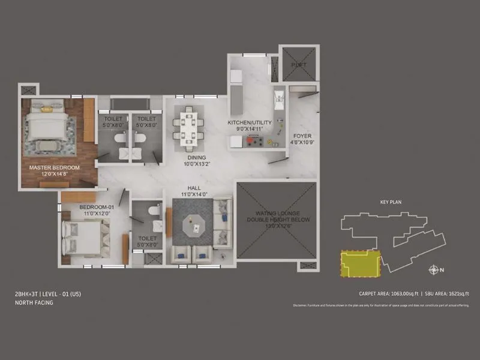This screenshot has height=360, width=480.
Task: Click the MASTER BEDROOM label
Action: pos(54,167)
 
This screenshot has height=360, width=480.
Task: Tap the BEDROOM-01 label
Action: pos(92,207)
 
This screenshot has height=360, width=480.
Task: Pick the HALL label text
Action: pos(193,188)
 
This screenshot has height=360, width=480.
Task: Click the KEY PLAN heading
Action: pos(391,202)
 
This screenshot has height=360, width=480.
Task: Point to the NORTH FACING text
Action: pos(34,303)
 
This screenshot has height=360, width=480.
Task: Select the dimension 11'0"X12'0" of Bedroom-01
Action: pos(92,214)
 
